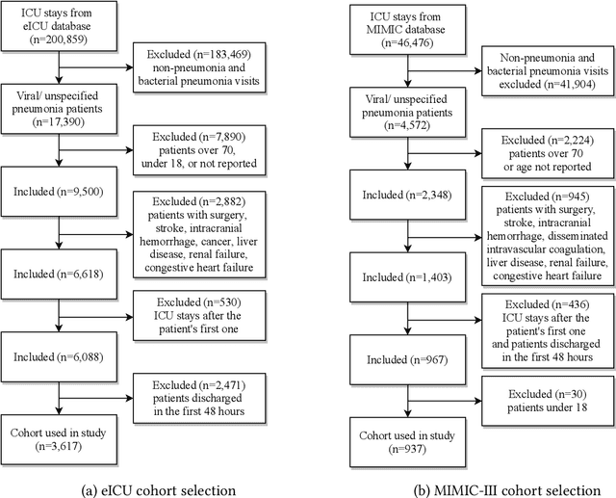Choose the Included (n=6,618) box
(60, 273)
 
